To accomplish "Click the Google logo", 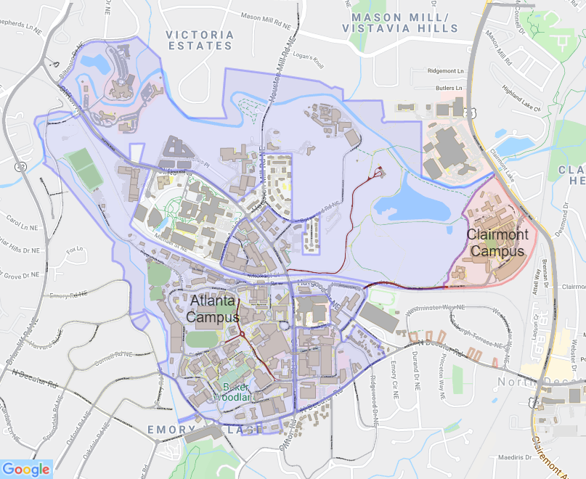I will (26, 468).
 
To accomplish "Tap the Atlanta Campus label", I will (213, 308).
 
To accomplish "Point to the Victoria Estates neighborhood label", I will (200, 40).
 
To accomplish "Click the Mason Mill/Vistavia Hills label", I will (404, 22).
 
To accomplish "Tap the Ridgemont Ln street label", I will (446, 71).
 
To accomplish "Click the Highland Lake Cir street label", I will (523, 97).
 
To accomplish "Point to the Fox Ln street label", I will (71, 251).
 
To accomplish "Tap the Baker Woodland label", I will (235, 392).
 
